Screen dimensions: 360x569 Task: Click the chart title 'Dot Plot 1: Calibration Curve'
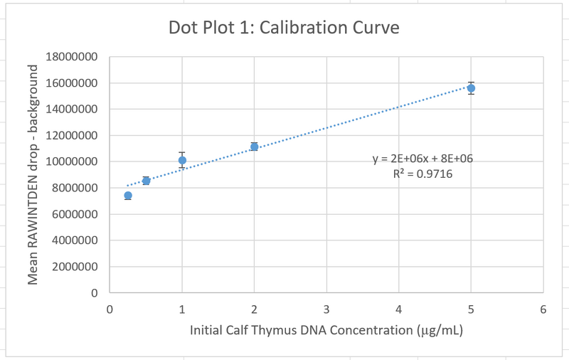point(284,28)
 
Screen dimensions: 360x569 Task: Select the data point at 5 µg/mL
point(471,88)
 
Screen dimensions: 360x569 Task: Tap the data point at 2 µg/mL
point(254,147)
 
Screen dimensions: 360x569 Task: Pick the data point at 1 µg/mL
point(182,161)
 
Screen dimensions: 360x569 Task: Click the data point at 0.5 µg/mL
point(146,181)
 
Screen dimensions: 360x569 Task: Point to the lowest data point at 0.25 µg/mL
point(128,196)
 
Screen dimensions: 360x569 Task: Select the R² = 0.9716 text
point(422,173)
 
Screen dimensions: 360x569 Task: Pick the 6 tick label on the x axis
point(543,309)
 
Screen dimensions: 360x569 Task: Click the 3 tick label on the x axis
point(326,309)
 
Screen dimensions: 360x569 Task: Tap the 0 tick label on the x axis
point(110,309)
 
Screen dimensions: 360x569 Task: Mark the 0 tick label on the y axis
point(94,292)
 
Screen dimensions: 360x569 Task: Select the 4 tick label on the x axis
point(398,309)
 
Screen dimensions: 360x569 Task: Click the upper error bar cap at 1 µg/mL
point(182,152)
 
